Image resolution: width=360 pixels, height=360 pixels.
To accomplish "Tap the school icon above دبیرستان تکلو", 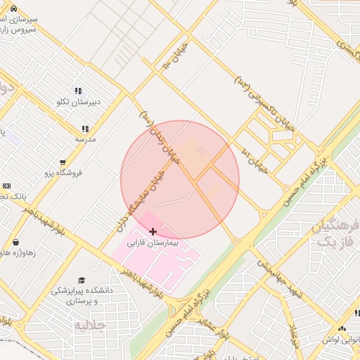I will point(78,91).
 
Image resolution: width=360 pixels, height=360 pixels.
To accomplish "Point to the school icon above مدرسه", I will point(85,129).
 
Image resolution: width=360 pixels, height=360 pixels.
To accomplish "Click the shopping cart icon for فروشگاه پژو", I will point(63,162).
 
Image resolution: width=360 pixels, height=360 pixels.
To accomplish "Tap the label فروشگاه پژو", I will point(63,172).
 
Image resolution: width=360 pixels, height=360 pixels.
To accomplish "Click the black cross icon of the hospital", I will point(153,231).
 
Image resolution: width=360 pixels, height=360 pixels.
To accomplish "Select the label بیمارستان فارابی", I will point(153,243).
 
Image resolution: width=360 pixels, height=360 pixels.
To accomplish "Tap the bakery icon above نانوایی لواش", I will point(342,328).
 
